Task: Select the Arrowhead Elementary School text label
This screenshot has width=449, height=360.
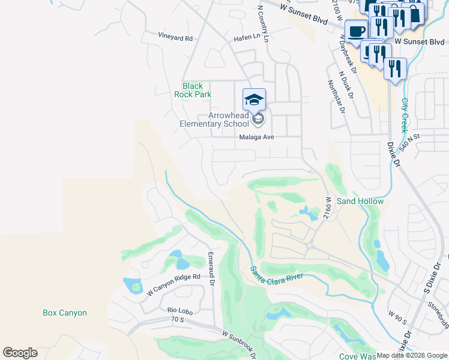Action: pyautogui.click(x=214, y=119)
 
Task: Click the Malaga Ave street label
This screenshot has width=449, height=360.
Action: pyautogui.click(x=256, y=137)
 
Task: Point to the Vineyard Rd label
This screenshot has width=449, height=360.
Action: pyautogui.click(x=175, y=38)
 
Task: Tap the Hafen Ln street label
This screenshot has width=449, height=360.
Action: pyautogui.click(x=247, y=37)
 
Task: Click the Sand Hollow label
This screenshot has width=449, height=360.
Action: pyautogui.click(x=360, y=201)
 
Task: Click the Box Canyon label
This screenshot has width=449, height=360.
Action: pyautogui.click(x=65, y=313)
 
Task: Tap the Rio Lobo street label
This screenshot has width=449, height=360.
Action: pyautogui.click(x=179, y=310)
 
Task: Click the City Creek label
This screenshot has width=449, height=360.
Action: pyautogui.click(x=405, y=115)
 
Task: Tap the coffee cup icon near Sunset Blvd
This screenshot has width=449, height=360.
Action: pyautogui.click(x=357, y=31)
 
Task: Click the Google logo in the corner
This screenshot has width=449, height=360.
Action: pyautogui.click(x=20, y=353)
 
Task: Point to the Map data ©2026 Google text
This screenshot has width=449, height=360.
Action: pyautogui.click(x=412, y=355)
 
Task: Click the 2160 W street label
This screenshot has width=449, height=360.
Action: pyautogui.click(x=328, y=207)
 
